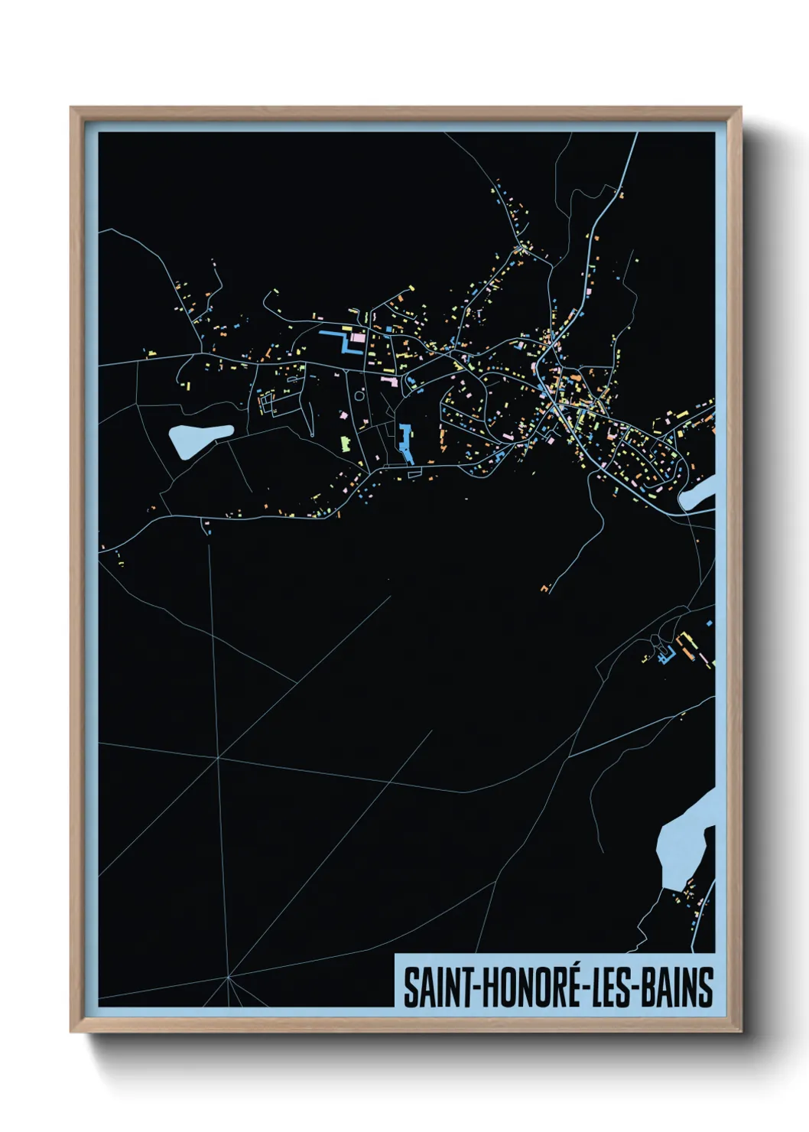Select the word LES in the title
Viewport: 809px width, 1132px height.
coord(614,987)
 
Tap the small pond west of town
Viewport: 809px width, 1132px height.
coord(197,439)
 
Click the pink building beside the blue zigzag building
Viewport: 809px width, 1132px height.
coord(358,337)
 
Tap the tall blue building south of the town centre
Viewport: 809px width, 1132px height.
coord(404,443)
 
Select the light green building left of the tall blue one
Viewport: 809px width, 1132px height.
coord(344,442)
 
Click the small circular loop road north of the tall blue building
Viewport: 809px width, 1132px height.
coord(359,396)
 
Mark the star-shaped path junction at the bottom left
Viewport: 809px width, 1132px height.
coord(228,977)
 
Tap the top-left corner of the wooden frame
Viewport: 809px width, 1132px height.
coord(72,109)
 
